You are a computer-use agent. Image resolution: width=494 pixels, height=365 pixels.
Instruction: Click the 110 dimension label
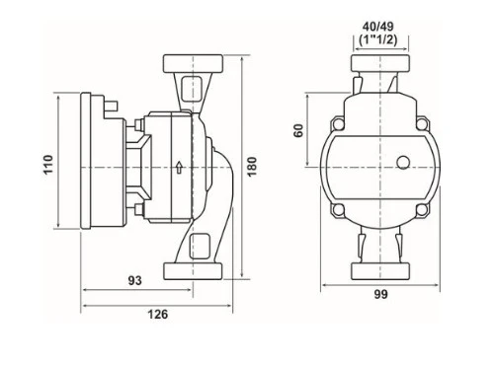click(x=48, y=164)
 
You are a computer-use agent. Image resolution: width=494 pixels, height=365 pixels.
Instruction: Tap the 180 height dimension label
click(x=252, y=167)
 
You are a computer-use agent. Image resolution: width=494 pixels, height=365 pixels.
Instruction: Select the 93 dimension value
click(x=134, y=280)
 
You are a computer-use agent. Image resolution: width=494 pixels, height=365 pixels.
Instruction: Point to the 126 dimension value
click(x=157, y=315)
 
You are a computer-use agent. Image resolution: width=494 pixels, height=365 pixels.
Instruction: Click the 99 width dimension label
click(x=380, y=295)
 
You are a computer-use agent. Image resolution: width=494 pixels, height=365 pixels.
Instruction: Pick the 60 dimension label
click(x=298, y=130)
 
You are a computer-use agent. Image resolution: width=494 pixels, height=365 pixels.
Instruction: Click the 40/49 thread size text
click(x=377, y=26)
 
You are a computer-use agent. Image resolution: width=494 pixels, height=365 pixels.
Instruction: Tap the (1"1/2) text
click(x=377, y=39)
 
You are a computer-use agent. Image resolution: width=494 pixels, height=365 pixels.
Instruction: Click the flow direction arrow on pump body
click(x=179, y=167)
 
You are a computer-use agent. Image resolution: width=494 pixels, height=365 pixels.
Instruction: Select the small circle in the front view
click(x=403, y=163)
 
